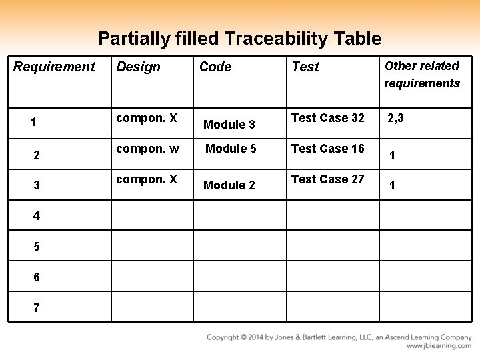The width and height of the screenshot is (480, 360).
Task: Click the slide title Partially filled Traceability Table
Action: coord(239,39)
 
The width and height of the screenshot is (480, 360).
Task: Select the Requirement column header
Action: coord(54,67)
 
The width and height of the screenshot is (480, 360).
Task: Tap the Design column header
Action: coord(139,67)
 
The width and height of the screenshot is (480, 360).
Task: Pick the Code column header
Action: coord(215,67)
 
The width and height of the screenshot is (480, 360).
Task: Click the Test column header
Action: coord(305,67)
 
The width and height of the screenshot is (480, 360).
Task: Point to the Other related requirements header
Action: coord(422,74)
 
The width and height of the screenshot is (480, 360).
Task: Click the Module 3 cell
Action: coord(229,124)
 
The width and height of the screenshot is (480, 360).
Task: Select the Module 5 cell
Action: coord(231,149)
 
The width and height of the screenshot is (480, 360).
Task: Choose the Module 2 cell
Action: coord(229,185)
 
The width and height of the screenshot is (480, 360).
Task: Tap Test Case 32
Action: coord(328,118)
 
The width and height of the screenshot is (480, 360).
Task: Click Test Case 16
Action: coord(328,149)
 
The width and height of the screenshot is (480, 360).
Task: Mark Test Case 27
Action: coord(328,179)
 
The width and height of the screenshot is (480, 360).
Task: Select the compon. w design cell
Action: coord(147,149)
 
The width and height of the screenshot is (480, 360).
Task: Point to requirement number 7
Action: coord(36,308)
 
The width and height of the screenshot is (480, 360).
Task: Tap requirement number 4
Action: coord(36,216)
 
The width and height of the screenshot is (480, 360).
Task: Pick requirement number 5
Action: coord(36,247)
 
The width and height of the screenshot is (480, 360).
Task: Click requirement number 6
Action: coord(36,277)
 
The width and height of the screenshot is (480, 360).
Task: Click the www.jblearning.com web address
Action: coord(439,346)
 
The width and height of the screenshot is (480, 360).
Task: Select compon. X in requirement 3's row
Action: coord(147,179)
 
